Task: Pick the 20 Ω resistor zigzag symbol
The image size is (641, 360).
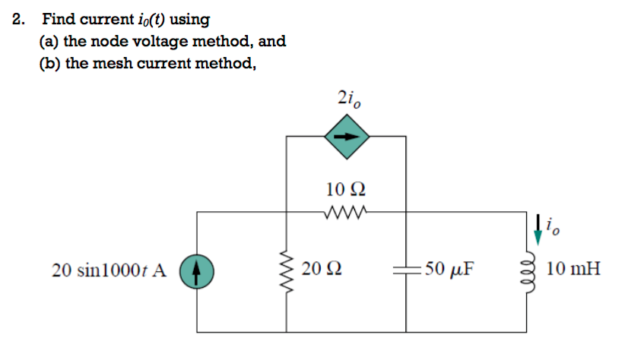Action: click(x=287, y=269)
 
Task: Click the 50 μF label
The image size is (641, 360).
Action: click(x=449, y=269)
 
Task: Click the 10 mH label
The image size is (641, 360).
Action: click(x=573, y=269)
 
